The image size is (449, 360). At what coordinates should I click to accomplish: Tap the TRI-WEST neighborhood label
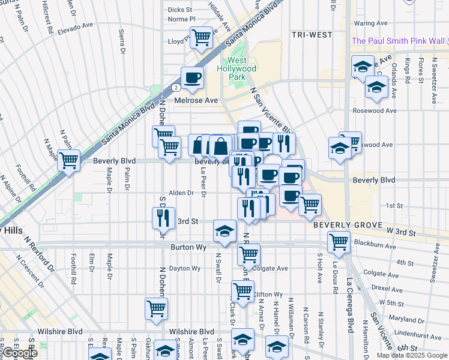click(x=312, y=35)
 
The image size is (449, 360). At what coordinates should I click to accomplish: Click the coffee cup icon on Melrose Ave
click(x=192, y=77)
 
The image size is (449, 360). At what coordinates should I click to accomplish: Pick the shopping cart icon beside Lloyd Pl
click(x=202, y=38)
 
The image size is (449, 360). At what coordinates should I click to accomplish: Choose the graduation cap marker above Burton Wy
click(x=224, y=231)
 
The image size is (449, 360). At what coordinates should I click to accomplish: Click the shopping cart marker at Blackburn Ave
click(x=339, y=242)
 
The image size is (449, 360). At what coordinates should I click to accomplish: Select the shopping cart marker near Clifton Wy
click(x=243, y=291)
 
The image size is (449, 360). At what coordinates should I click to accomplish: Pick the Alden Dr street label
click(x=181, y=193)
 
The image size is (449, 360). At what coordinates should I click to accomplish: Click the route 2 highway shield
click(x=173, y=88)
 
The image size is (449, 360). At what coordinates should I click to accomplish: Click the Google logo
click(x=20, y=353)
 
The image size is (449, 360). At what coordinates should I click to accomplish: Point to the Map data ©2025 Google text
click(x=412, y=355)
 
